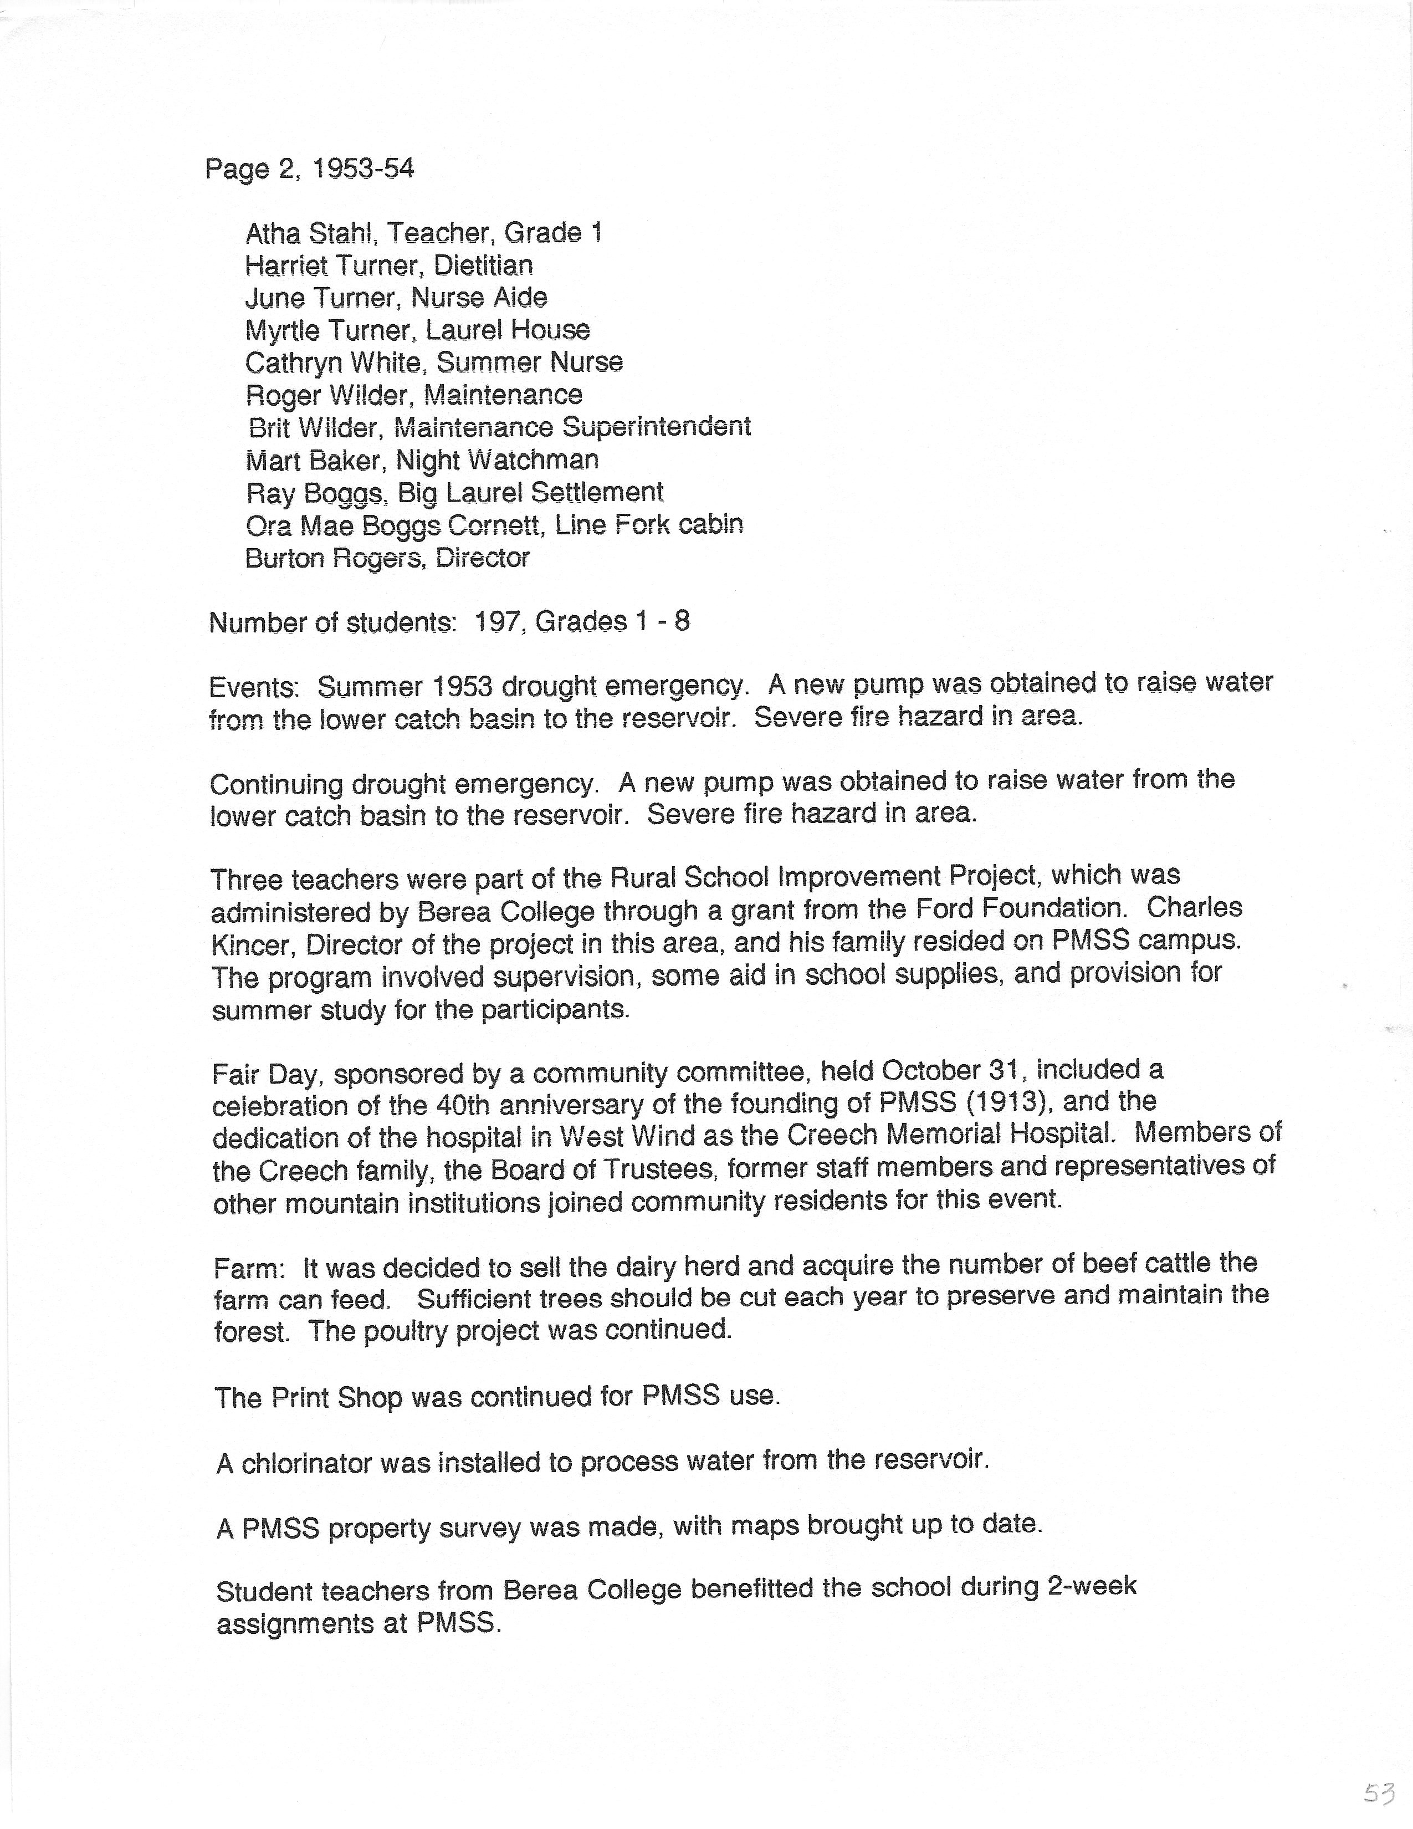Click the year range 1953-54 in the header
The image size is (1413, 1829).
(x=362, y=169)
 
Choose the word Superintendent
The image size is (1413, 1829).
(x=656, y=427)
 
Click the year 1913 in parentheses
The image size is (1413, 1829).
(x=1008, y=1103)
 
